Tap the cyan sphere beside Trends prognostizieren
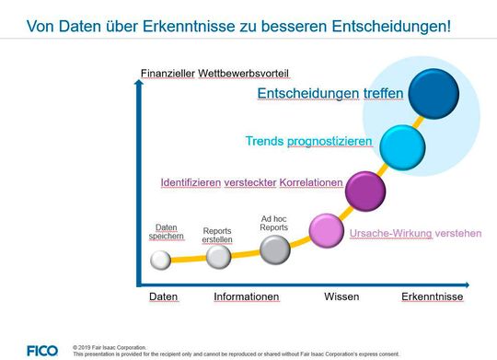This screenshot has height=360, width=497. [x=402, y=145]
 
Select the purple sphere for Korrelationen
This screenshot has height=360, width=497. [x=364, y=190]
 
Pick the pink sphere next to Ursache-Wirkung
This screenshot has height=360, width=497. [x=326, y=229]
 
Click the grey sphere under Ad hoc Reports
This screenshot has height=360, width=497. [x=274, y=249]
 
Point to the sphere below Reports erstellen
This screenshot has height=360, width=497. [x=218, y=256]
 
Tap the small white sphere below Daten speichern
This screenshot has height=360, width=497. [x=161, y=261]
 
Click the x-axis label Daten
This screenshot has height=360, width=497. [x=164, y=297]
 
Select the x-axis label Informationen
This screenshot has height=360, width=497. [x=247, y=297]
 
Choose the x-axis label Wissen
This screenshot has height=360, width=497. [x=341, y=297]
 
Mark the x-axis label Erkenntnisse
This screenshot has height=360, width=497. [x=433, y=297]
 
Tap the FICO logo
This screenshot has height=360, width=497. [x=41, y=350]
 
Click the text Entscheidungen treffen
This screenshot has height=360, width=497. [x=329, y=93]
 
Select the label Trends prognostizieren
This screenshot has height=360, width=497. [x=308, y=142]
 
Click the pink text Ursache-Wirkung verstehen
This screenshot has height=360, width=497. [x=415, y=233]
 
